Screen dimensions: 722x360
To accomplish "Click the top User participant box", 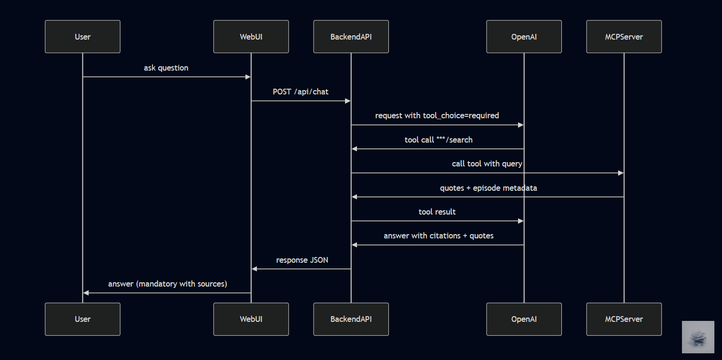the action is pyautogui.click(x=82, y=36).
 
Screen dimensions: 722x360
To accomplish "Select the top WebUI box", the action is pyautogui.click(x=251, y=36).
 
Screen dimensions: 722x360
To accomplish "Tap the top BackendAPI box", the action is pyautogui.click(x=351, y=36).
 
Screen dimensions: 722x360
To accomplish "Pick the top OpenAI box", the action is pyautogui.click(x=524, y=36).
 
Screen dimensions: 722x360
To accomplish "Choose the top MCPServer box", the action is pyautogui.click(x=624, y=36).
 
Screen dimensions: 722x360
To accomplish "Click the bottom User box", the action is pyautogui.click(x=82, y=319).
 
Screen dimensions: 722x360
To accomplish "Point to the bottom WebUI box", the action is pyautogui.click(x=251, y=319).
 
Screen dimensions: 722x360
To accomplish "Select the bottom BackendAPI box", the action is pyautogui.click(x=351, y=319).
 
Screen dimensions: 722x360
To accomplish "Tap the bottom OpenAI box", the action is pyautogui.click(x=524, y=319).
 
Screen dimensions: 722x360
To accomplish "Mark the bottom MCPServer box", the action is pyautogui.click(x=624, y=319).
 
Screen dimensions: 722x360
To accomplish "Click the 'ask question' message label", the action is pyautogui.click(x=166, y=68).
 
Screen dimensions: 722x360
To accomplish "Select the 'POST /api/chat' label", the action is pyautogui.click(x=300, y=92).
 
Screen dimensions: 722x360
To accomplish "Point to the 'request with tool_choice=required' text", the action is pyautogui.click(x=437, y=115).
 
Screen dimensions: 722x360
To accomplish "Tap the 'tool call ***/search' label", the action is pyautogui.click(x=438, y=140).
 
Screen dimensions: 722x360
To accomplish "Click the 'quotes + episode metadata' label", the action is pyautogui.click(x=488, y=188).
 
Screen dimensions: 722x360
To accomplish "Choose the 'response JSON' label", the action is pyautogui.click(x=302, y=260).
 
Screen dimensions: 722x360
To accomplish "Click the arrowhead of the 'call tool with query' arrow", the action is pyautogui.click(x=621, y=173).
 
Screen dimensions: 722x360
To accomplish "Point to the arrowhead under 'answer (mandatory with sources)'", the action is pyautogui.click(x=86, y=293).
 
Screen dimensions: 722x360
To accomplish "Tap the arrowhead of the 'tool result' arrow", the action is pyautogui.click(x=521, y=221).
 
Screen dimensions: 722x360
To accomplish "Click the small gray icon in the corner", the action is pyautogui.click(x=698, y=337).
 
